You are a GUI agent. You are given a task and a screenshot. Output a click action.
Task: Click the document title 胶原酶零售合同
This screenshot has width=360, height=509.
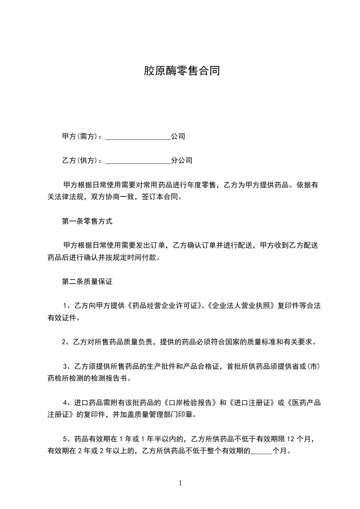click(x=182, y=71)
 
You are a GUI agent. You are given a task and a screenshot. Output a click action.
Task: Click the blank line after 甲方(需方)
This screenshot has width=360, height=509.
click(x=138, y=137)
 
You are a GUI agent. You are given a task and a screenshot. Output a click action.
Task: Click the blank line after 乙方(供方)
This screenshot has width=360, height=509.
click(x=138, y=161)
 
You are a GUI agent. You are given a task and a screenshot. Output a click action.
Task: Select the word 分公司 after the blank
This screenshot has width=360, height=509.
click(x=182, y=161)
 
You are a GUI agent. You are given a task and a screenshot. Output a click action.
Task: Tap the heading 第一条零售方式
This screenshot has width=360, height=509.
click(x=87, y=222)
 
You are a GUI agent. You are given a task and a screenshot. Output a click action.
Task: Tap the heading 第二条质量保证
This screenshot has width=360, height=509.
click(x=87, y=282)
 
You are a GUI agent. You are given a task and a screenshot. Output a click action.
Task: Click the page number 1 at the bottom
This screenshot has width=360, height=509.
click(x=180, y=483)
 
